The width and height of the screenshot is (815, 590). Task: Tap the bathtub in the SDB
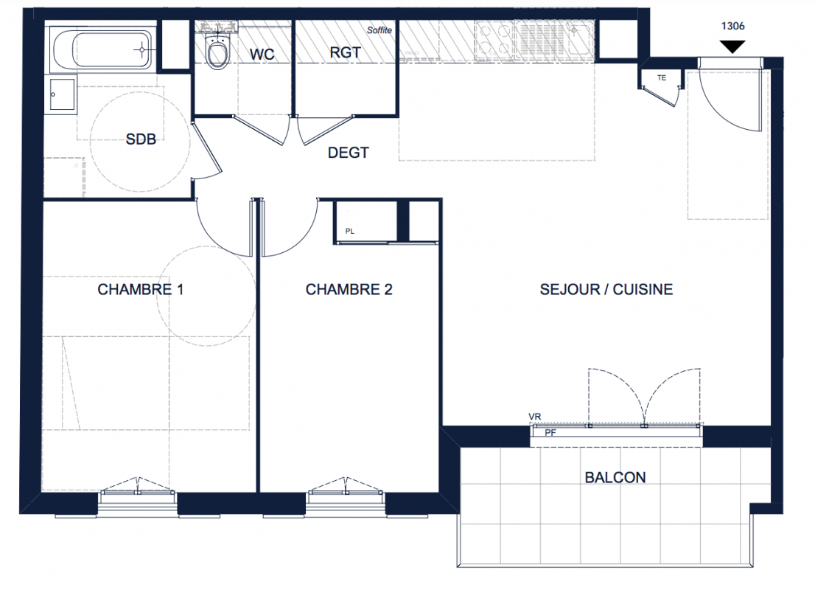coord(102,49)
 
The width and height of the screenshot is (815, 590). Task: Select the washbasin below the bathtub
coord(63,94)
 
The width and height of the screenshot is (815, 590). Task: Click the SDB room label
coord(141,139)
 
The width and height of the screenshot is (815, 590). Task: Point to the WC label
coord(262,54)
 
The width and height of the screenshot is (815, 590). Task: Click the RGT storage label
coord(345,52)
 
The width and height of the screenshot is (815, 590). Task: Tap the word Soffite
coord(379,30)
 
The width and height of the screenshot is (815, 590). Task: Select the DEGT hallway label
coord(349,153)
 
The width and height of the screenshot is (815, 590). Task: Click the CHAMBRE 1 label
coord(140,289)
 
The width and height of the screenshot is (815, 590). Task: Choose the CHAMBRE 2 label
coord(349,289)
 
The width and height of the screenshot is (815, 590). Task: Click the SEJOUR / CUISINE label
coord(606,289)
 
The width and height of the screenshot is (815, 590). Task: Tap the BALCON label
coord(615,478)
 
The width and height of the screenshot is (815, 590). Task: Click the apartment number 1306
coord(733,26)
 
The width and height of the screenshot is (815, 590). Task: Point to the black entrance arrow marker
coord(733,46)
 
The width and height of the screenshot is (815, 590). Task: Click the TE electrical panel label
coord(662,78)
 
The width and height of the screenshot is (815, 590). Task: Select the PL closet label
coord(350,231)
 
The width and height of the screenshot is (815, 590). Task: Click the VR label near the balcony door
coord(535,417)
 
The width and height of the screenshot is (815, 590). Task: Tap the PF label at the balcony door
coord(550,433)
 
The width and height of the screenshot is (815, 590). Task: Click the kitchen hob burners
coord(494,40)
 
